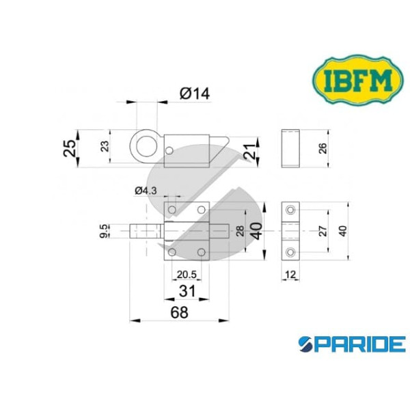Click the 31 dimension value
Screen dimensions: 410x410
pos(187,290)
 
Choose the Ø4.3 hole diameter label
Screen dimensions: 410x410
pos(147,191)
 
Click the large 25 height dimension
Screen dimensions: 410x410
pos(70,148)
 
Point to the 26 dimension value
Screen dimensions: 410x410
pos(323,148)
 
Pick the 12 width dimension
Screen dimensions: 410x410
pos(290,274)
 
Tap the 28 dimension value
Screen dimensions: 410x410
pos(238,230)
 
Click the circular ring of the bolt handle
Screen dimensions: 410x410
pos(143,147)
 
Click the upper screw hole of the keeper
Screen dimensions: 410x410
pos(291,208)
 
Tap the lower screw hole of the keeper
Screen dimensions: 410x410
pos(291,253)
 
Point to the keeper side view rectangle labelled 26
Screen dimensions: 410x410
pos(290,148)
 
